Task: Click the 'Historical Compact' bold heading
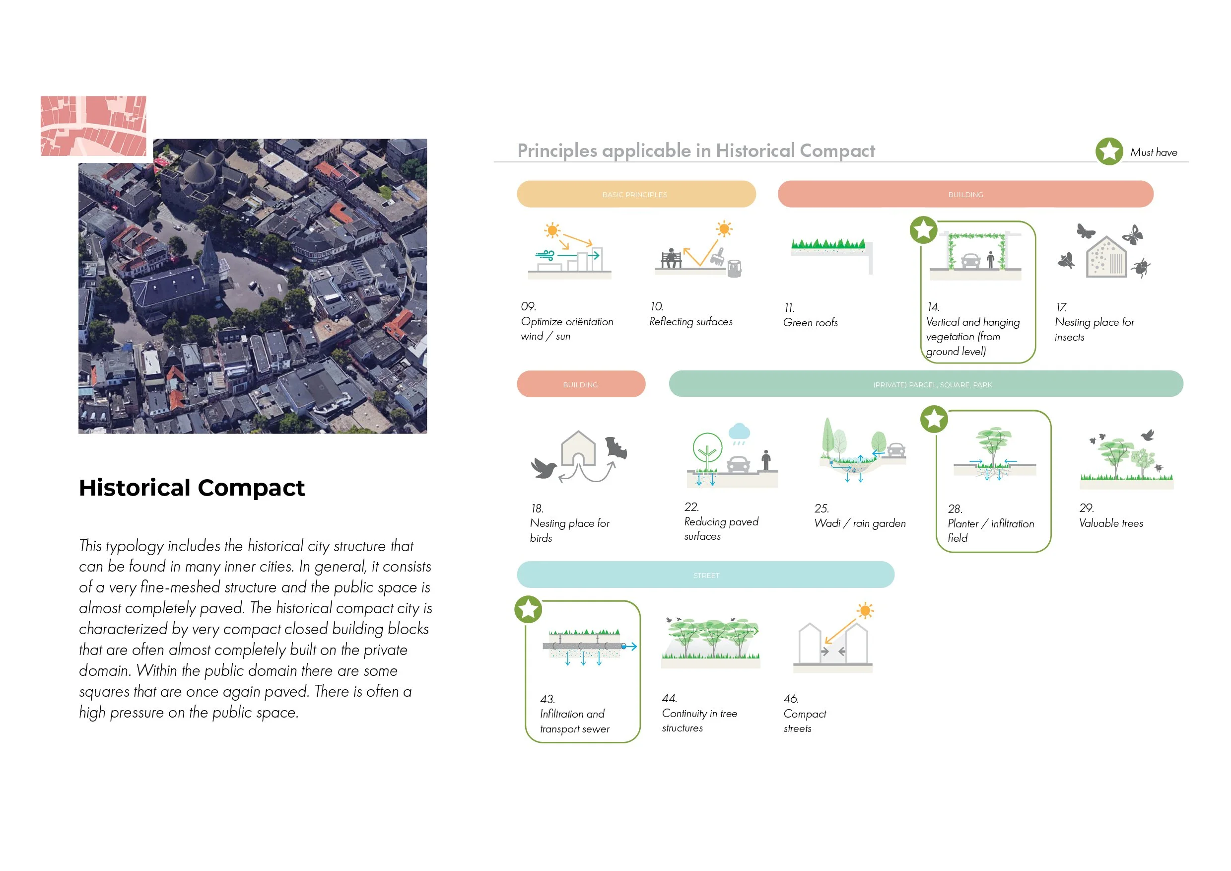point(192,488)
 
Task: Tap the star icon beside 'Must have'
point(1109,152)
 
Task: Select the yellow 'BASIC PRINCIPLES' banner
point(636,194)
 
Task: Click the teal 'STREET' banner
point(705,575)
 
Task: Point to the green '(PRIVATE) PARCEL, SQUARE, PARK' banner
point(925,384)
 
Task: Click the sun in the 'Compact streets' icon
point(864,611)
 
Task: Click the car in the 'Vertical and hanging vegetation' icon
point(970,261)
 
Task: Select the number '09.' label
point(529,306)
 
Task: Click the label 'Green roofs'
point(810,322)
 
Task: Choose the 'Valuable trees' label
point(1111,523)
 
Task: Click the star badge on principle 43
point(528,609)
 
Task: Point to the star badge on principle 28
point(934,419)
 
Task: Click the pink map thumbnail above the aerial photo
point(93,126)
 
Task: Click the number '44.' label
point(670,698)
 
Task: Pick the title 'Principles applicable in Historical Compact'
point(695,150)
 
